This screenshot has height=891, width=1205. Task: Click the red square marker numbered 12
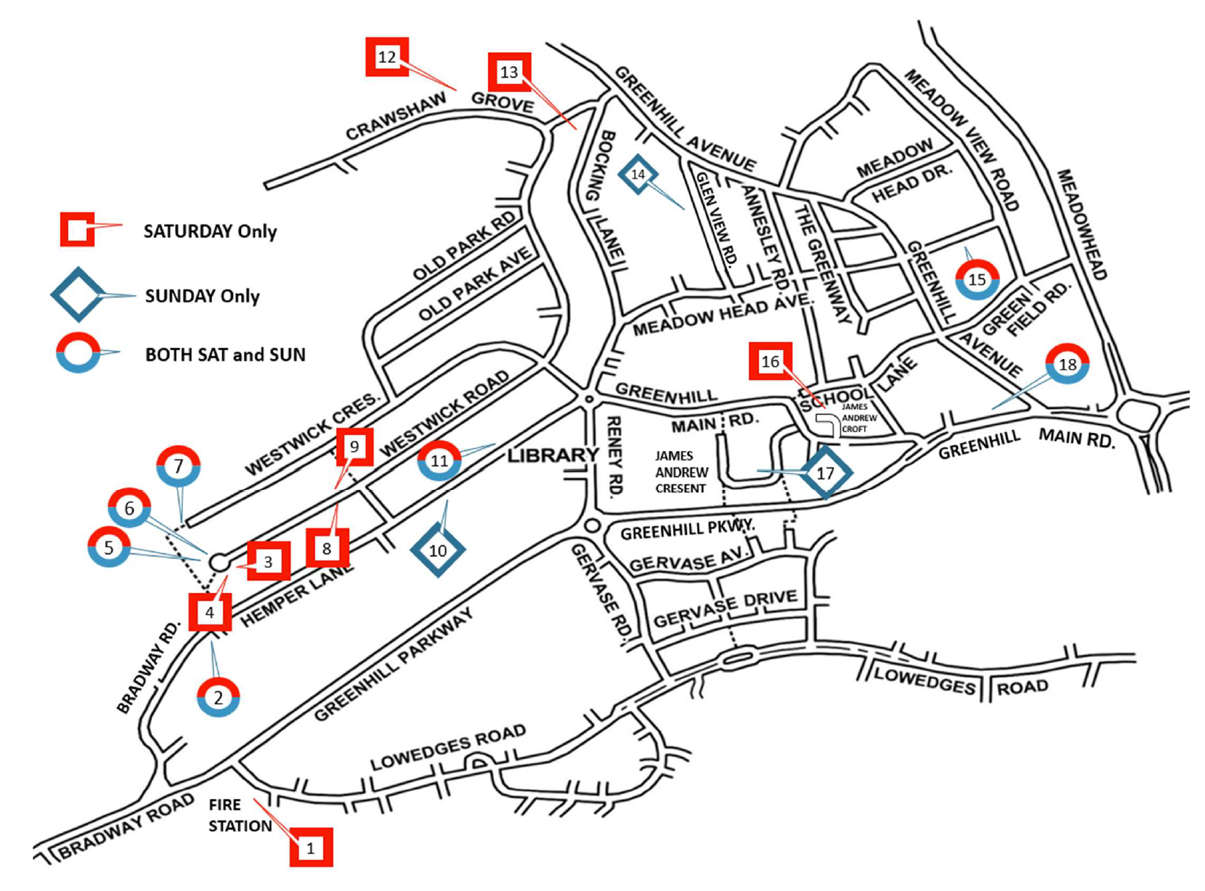point(387,57)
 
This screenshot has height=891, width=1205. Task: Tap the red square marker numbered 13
point(510,72)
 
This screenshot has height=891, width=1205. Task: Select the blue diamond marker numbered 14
point(638,174)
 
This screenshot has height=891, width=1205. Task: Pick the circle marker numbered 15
point(977,279)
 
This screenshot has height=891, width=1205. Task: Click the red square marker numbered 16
point(770,361)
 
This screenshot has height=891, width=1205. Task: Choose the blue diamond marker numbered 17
point(825,473)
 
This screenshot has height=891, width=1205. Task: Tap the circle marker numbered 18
point(1067,364)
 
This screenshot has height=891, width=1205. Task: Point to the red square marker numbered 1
point(311,848)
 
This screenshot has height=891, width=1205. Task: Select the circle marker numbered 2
point(218,697)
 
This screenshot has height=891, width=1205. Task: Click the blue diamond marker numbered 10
point(438,550)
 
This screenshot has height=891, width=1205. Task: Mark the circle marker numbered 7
point(178,466)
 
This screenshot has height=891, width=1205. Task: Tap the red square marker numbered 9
point(355,447)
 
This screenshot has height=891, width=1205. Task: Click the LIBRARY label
point(553,455)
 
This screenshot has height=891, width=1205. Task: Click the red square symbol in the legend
point(77,230)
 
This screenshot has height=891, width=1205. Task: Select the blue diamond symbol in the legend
point(77,295)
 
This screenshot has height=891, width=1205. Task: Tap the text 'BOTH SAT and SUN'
point(225,355)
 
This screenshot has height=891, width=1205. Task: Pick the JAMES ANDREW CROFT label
point(859,418)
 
